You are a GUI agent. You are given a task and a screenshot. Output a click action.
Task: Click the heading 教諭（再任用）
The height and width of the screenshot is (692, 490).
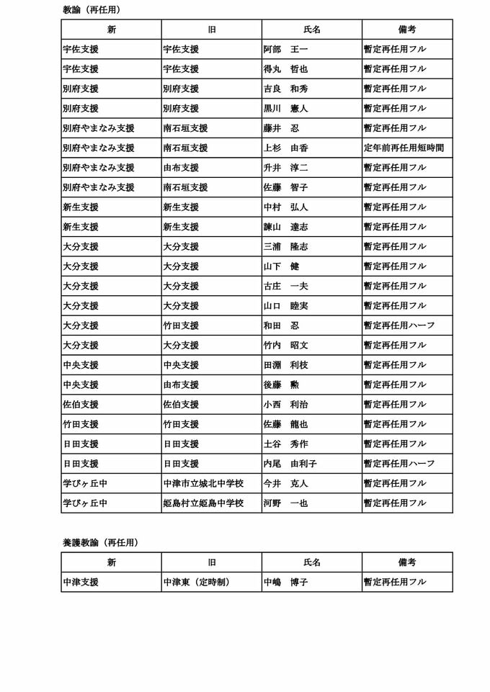click(x=92, y=10)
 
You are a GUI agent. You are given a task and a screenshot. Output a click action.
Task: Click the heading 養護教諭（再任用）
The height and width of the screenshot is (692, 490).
click(x=100, y=543)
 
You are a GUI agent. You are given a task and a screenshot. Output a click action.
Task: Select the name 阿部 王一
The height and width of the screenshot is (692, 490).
click(x=285, y=50)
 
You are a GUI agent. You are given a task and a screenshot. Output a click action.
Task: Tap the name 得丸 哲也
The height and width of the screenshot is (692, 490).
click(x=285, y=69)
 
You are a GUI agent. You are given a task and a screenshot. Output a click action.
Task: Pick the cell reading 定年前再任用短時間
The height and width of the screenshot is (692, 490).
click(x=404, y=148)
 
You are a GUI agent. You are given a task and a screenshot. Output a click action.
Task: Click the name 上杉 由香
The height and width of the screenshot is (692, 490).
click(x=285, y=148)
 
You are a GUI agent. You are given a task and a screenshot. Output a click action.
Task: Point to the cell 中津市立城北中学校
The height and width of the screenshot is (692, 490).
click(x=203, y=484)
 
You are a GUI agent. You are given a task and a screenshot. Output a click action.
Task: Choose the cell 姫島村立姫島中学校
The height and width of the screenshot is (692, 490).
click(x=203, y=503)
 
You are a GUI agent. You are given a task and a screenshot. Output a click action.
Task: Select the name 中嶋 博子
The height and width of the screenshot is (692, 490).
click(x=285, y=583)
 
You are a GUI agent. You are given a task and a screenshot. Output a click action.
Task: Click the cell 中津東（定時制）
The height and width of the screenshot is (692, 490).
click(x=197, y=583)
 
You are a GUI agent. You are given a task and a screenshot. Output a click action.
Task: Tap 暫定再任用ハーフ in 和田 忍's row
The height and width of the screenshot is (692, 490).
click(x=399, y=325)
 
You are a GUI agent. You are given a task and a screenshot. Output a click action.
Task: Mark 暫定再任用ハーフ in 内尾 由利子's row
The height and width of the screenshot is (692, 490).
click(x=399, y=464)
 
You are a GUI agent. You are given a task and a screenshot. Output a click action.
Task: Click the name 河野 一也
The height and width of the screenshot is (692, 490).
click(x=285, y=503)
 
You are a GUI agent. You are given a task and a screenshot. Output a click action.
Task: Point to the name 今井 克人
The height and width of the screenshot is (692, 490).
click(x=285, y=484)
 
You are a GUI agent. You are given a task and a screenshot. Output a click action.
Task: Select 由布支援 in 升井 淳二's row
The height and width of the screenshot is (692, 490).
click(x=181, y=168)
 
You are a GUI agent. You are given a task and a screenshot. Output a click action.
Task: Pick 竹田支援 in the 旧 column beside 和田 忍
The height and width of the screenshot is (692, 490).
click(x=181, y=325)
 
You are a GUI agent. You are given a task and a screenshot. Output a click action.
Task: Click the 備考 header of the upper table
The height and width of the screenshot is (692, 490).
click(x=407, y=30)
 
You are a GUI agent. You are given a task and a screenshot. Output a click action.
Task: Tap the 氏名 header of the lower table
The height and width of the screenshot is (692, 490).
click(x=312, y=562)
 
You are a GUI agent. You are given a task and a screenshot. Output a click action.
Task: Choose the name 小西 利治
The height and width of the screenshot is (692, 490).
click(x=285, y=405)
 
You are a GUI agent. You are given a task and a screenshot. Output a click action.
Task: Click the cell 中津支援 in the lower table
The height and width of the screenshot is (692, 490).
click(x=81, y=583)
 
